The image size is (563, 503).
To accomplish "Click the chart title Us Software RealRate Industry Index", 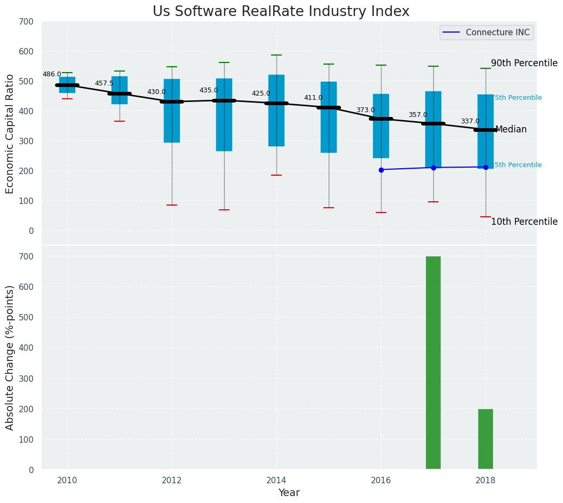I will (281, 12).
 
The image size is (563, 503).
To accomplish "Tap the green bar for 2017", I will (433, 363).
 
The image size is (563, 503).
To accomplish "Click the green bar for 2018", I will (486, 439).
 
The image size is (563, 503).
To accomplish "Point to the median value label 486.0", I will (52, 75).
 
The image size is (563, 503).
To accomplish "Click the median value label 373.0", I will (366, 111).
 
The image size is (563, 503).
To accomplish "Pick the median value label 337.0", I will (470, 122).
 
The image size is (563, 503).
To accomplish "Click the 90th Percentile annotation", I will (524, 63).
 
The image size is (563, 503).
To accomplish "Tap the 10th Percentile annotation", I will (524, 222).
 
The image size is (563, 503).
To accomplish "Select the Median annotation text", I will (511, 130).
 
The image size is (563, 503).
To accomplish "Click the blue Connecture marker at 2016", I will (381, 170).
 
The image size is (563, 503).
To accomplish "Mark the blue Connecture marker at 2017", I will (433, 168).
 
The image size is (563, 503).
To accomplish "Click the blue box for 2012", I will (172, 111).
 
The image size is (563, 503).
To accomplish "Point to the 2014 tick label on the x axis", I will (276, 481).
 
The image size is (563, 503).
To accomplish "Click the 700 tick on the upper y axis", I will (26, 22).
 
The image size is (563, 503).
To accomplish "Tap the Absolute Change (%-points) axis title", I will (10, 357).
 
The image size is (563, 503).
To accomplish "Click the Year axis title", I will (289, 493).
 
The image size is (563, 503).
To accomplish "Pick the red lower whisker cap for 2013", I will (224, 210).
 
